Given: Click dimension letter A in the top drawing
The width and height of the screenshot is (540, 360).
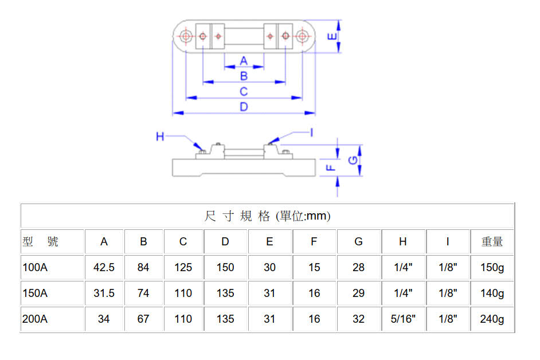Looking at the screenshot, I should pyautogui.click(x=244, y=61).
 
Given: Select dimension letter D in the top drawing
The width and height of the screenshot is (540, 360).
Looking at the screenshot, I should pyautogui.click(x=244, y=107).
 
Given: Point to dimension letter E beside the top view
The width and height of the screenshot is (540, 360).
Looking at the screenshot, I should pyautogui.click(x=331, y=36).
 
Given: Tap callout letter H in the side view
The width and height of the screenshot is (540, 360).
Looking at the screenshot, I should pyautogui.click(x=161, y=136).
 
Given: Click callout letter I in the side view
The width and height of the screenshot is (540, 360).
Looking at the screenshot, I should pyautogui.click(x=311, y=132).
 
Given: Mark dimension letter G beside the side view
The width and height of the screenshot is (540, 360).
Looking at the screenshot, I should pyautogui.click(x=354, y=160).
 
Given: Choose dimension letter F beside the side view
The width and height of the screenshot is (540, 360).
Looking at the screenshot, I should pyautogui.click(x=331, y=168).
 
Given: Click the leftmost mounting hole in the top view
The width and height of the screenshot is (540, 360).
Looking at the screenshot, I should pyautogui.click(x=186, y=37).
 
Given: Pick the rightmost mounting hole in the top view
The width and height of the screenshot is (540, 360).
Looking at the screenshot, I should pyautogui.click(x=302, y=37).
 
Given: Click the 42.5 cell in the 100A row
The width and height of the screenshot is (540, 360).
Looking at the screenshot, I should pyautogui.click(x=104, y=268).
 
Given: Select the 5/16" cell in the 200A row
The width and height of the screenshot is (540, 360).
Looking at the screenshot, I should pyautogui.click(x=403, y=319).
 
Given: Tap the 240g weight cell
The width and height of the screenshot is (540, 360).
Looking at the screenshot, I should pyautogui.click(x=492, y=319).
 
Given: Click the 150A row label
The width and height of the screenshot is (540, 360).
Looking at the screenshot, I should pyautogui.click(x=35, y=294).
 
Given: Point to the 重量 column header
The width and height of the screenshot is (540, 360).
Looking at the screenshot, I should pyautogui.click(x=492, y=242).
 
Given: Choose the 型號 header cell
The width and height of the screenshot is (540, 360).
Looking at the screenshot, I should pyautogui.click(x=40, y=242).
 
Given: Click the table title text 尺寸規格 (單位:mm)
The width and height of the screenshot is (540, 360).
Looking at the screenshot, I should pyautogui.click(x=267, y=216).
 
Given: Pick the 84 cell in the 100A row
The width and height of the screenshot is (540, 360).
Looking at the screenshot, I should pyautogui.click(x=143, y=268).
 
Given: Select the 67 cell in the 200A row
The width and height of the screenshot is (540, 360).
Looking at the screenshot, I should pyautogui.click(x=143, y=319).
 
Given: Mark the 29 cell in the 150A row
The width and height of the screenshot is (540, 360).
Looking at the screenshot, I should pyautogui.click(x=358, y=294).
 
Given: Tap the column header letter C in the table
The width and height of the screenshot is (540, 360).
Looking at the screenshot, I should pyautogui.click(x=183, y=242).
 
